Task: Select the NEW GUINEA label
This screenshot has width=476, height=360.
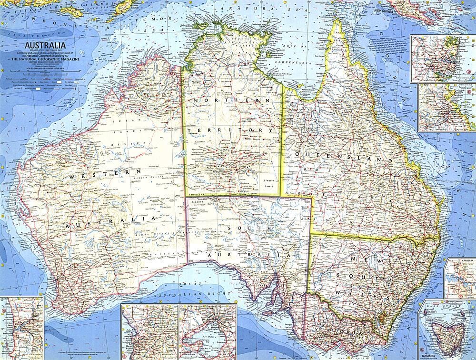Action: pyautogui.click(x=385, y=10)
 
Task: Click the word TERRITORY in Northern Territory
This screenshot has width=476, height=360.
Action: pyautogui.click(x=231, y=130)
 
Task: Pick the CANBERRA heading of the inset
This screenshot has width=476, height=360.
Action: pyautogui.click(x=461, y=261)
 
